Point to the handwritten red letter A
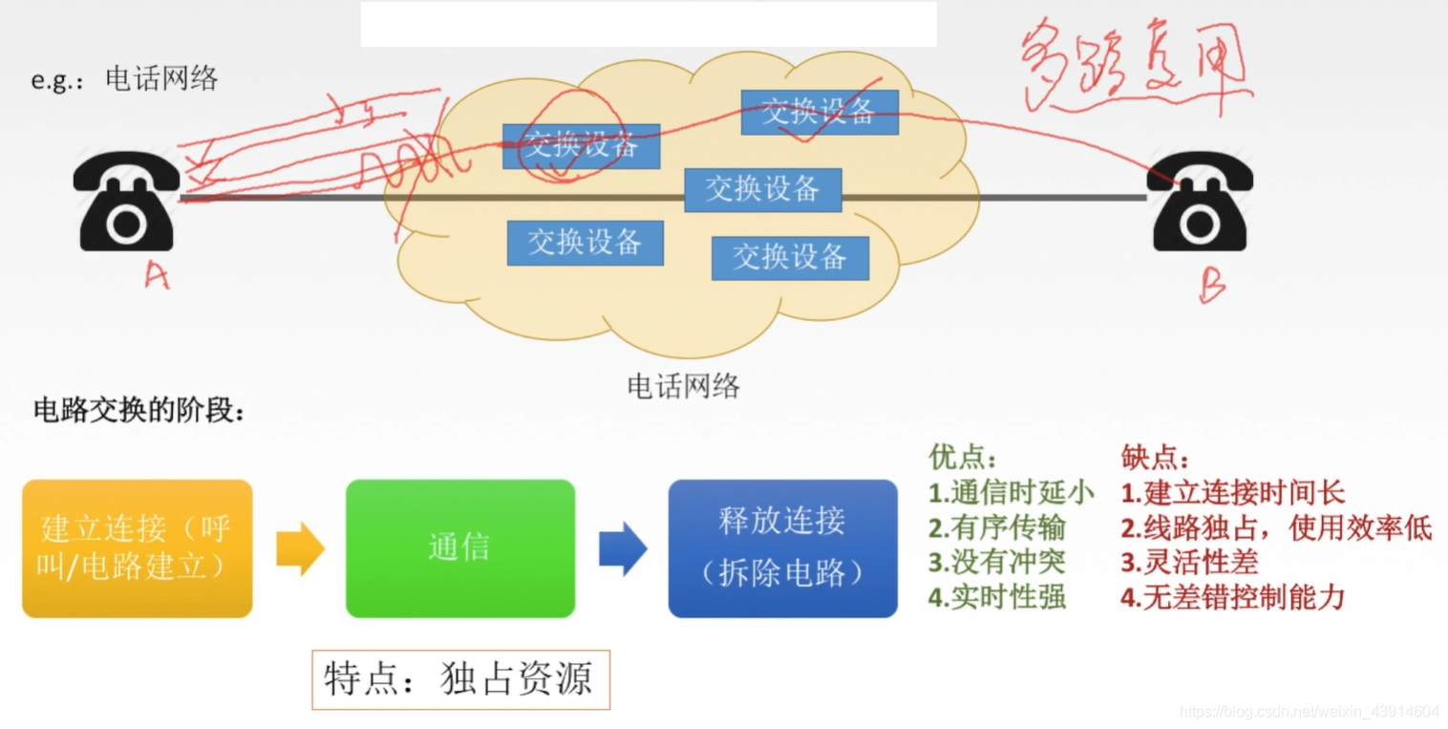pos(156,275)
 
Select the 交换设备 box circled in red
pos(582,146)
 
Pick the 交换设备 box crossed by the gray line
pos(762,189)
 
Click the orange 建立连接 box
pos(137,547)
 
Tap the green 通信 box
pos(459,547)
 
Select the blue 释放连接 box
pos(782,547)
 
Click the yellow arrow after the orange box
pos(299,548)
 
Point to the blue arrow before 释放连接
pos(622,548)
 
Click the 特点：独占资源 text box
pos(459,679)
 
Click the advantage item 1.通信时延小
pos(1011,493)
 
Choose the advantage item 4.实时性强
pos(997,598)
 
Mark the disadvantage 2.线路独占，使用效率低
pos(1276,527)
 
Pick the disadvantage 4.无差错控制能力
pos(1232,598)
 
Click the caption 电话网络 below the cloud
pos(683,386)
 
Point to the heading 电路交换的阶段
pos(139,411)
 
